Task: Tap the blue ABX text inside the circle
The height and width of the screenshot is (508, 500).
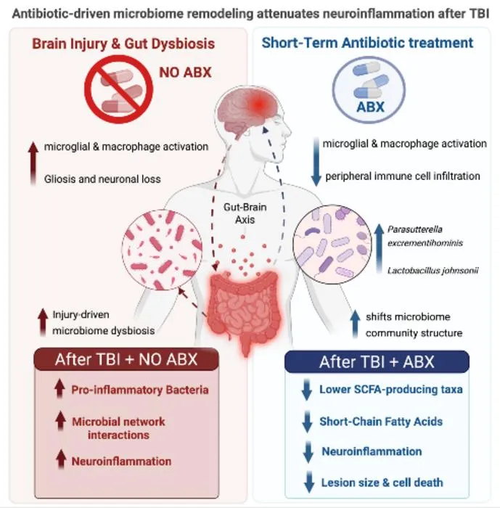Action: [370, 107]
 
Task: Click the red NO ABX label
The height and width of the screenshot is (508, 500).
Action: [185, 73]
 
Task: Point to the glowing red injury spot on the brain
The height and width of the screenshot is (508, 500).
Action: [258, 105]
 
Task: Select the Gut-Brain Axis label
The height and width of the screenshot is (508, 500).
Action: [245, 213]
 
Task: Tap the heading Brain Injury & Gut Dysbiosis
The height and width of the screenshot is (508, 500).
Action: [123, 44]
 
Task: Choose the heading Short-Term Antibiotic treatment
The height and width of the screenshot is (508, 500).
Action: [367, 43]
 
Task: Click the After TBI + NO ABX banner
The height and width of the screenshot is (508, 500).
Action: [126, 359]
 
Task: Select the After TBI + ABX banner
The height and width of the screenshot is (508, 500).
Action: [377, 361]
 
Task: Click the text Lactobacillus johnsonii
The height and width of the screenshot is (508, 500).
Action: [433, 271]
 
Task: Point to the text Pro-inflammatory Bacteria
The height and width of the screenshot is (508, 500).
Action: [140, 390]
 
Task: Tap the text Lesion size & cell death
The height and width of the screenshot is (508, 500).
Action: [382, 483]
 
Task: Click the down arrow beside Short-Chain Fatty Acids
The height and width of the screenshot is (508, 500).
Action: [307, 422]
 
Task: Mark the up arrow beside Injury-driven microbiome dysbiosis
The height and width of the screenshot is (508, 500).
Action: [43, 322]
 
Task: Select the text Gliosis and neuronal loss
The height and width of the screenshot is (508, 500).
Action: [102, 179]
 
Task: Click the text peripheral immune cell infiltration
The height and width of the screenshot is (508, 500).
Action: [403, 176]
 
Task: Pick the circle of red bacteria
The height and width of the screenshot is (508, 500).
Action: [162, 250]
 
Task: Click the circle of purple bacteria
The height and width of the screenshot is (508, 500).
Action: [332, 245]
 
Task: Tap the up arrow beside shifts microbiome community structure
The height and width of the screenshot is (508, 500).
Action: [355, 324]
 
